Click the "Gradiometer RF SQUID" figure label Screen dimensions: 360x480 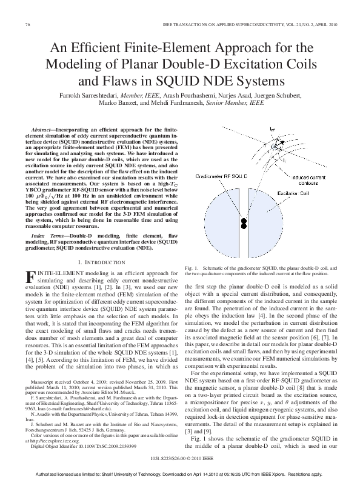click(x=224, y=176)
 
